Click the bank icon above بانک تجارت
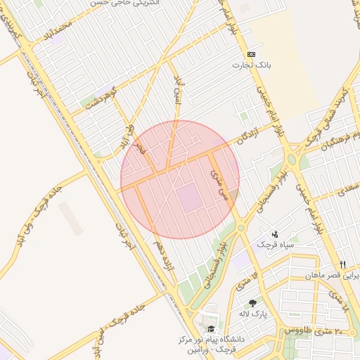(251, 54)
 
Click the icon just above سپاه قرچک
(274, 233)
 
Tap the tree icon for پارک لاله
(252, 304)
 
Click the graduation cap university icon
(210, 329)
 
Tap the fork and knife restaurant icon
(342, 264)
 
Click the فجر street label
(140, 148)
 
